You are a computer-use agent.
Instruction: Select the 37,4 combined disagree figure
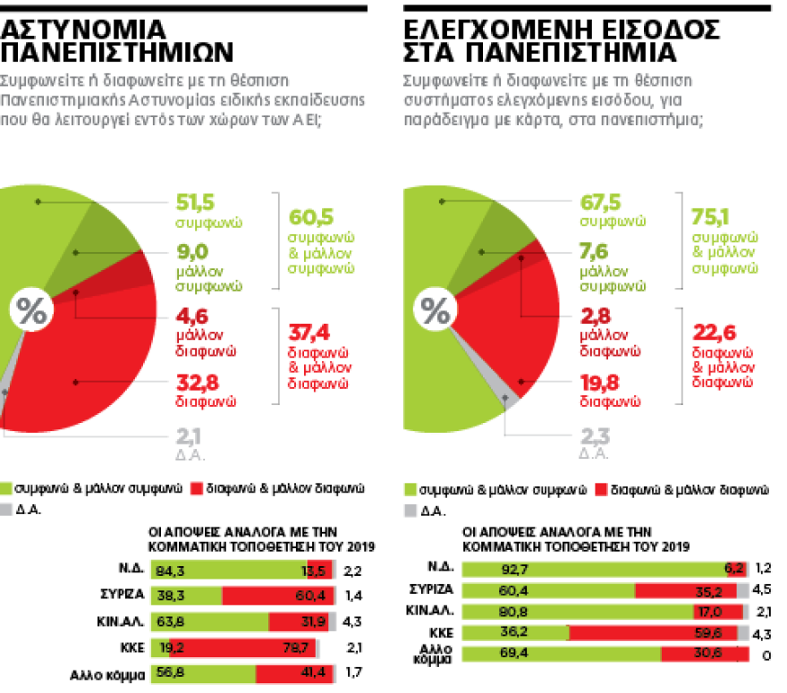(307, 333)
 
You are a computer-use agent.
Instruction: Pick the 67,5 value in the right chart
(600, 201)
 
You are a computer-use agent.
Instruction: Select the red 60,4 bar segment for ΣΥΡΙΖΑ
(277, 595)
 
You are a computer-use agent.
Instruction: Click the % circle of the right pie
(436, 312)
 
